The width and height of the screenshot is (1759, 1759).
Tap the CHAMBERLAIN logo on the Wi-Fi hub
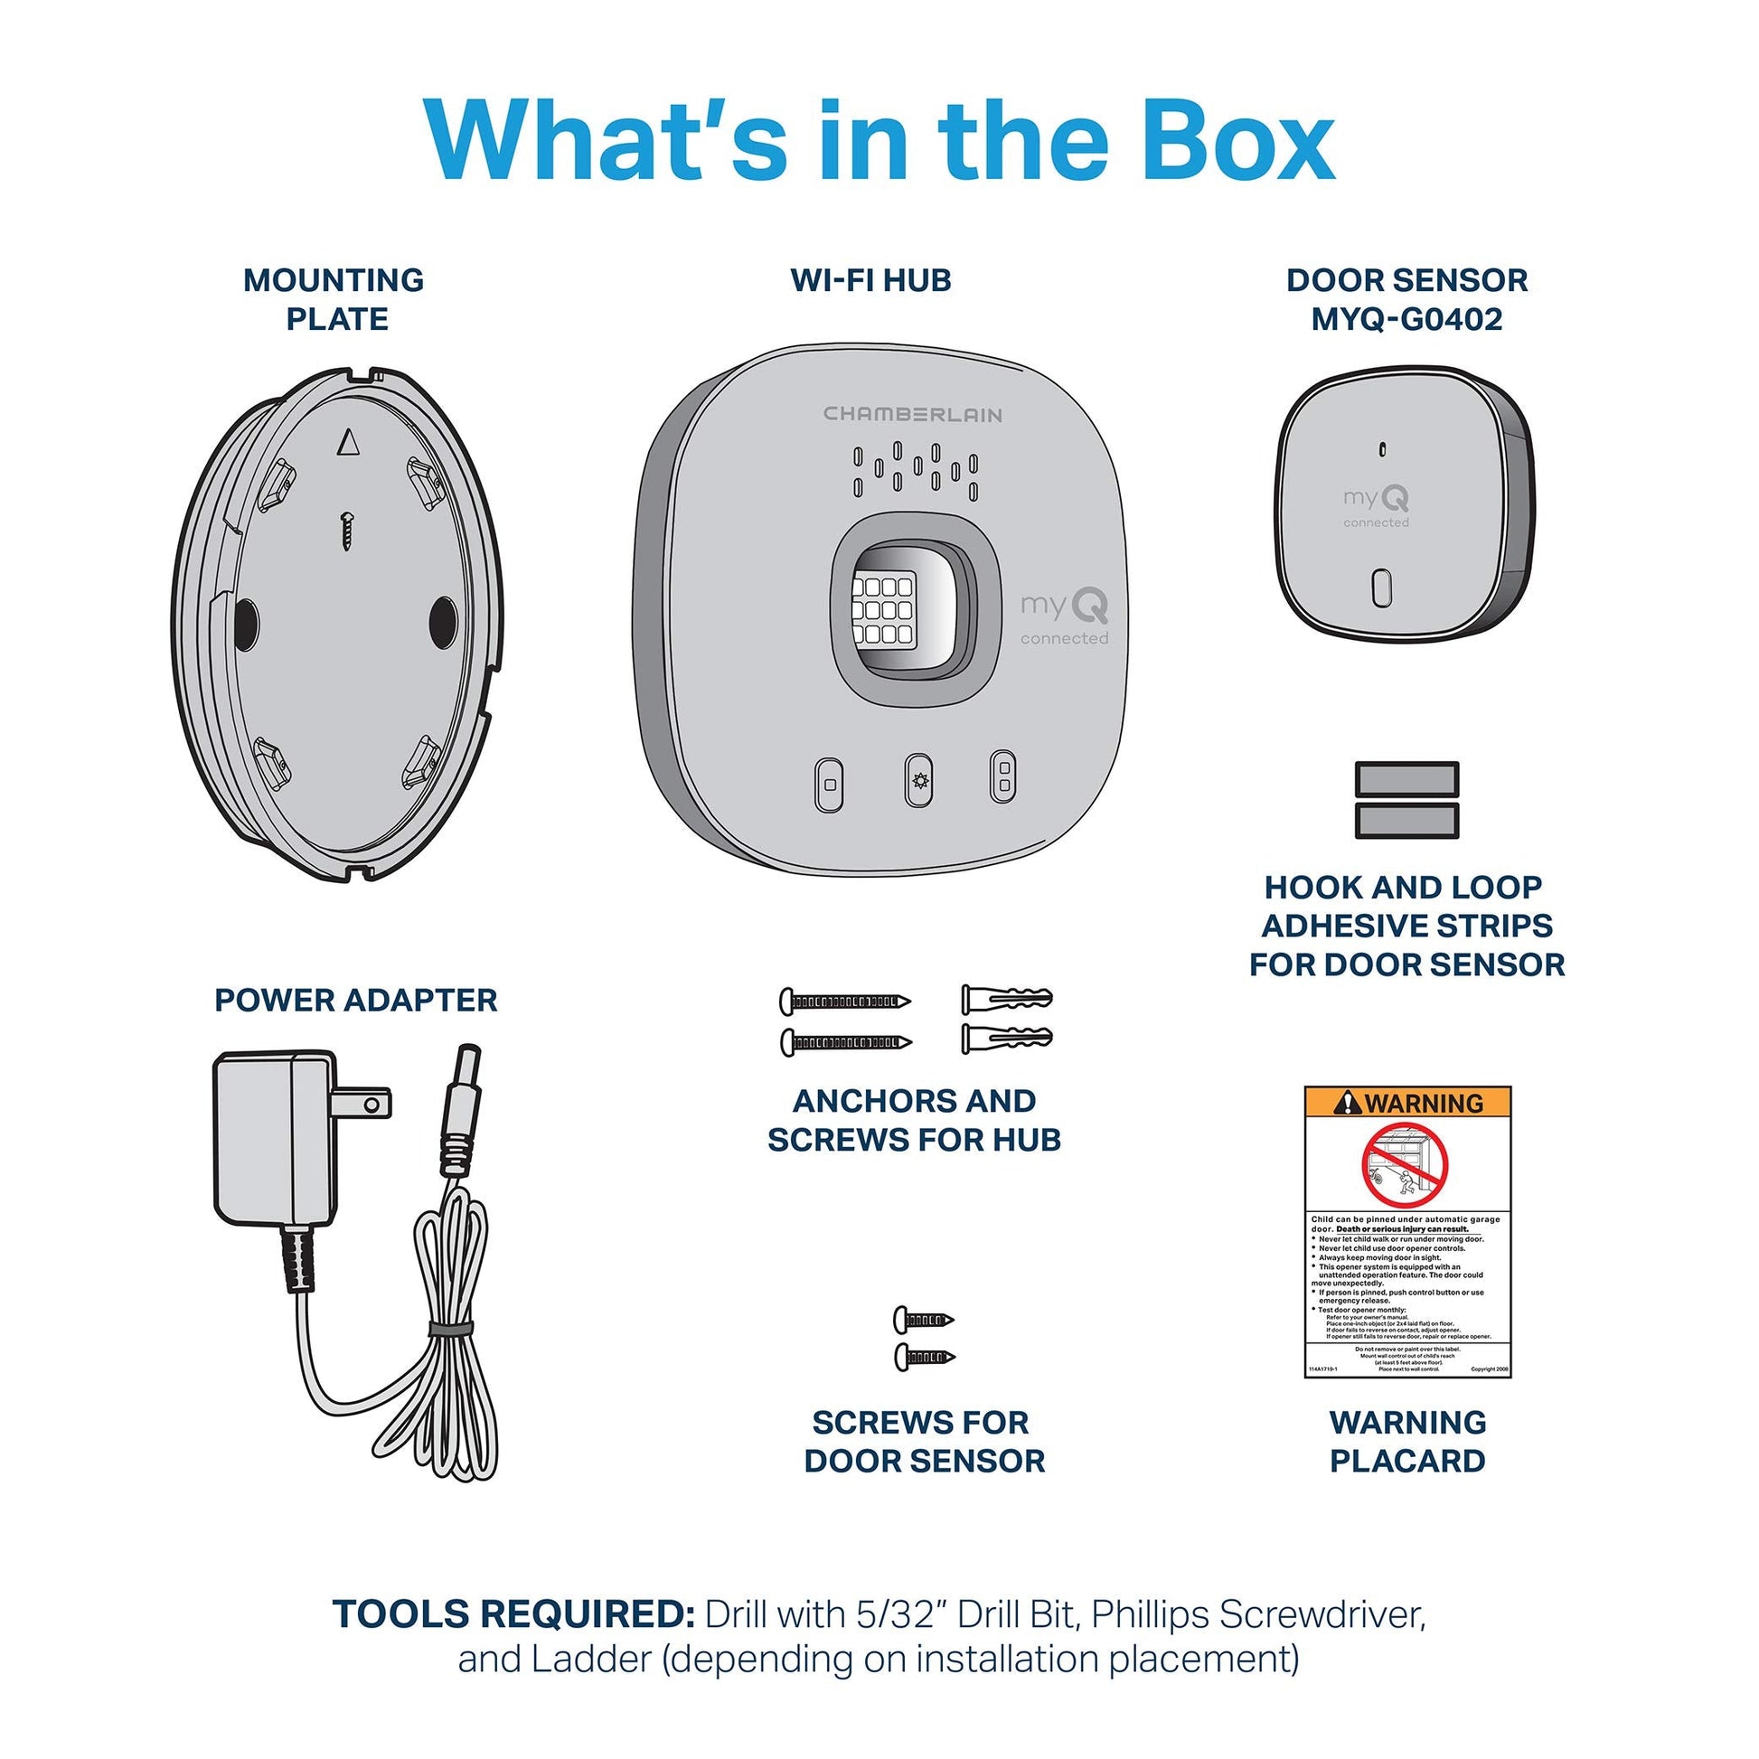point(912,414)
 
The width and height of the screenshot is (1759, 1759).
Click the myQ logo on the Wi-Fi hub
point(1063,607)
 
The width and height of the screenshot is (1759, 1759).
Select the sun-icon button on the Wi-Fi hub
point(917,780)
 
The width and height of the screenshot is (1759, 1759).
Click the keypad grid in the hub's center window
point(881,608)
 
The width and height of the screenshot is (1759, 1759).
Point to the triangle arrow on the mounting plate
point(348,443)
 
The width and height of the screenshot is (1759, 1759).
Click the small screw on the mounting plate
point(347,530)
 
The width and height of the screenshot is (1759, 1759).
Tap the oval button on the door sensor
point(1381,588)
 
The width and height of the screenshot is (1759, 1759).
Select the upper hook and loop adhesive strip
point(1406,779)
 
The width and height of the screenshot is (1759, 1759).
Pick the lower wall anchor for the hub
point(1006,1038)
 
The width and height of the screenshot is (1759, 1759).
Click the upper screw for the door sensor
point(922,1318)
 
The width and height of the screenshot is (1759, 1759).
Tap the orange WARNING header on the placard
point(1407,1103)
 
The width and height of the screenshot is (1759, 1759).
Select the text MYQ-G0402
point(1406,320)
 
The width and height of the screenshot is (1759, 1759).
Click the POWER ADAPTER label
point(356,1000)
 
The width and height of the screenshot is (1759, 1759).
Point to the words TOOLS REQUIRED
point(513,1614)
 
